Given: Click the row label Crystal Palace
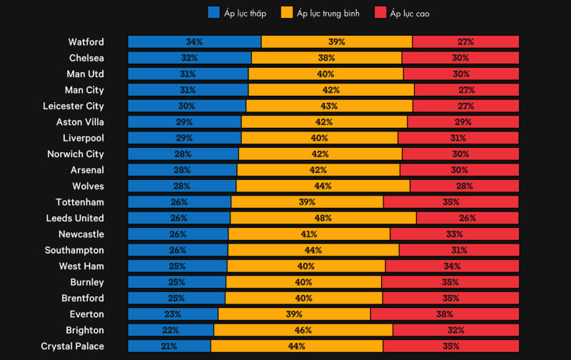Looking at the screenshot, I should (72, 346).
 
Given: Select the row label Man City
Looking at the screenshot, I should (84, 90).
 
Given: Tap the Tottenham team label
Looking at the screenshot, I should (80, 202).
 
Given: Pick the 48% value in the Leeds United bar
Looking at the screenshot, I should (323, 218).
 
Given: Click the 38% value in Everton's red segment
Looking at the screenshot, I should (444, 314).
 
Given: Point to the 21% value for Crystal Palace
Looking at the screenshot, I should (169, 346).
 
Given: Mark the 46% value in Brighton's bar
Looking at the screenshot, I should (303, 330).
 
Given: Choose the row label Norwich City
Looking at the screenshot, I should (75, 154).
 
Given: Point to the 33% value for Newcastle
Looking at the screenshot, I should (454, 234).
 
